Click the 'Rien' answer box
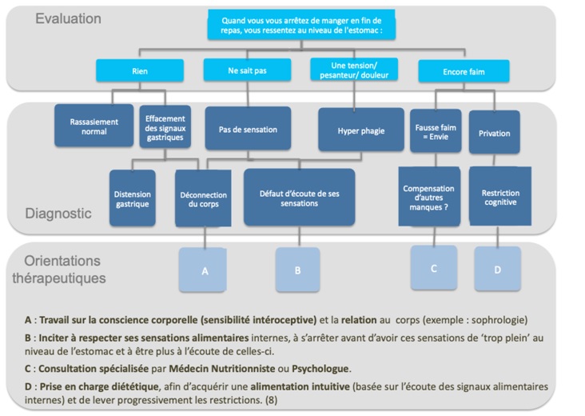pyautogui.click(x=140, y=70)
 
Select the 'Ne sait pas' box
pyautogui.click(x=247, y=70)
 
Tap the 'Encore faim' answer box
pyautogui.click(x=464, y=71)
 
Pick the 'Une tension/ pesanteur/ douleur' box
pyautogui.click(x=354, y=70)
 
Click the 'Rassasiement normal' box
pyautogui.click(x=94, y=126)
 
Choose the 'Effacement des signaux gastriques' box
pyautogui.click(x=165, y=127)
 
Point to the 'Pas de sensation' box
pyautogui.click(x=248, y=129)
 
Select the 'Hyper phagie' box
pyautogui.click(x=361, y=130)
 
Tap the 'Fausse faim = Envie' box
pyautogui.click(x=436, y=131)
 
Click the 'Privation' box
pyautogui.click(x=495, y=132)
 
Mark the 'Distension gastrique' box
pyautogui.click(x=133, y=198)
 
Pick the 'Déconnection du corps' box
pyautogui.click(x=203, y=198)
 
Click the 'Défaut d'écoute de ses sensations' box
pyautogui.click(x=299, y=197)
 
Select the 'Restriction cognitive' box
pyautogui.click(x=500, y=197)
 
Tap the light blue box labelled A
pyautogui.click(x=202, y=270)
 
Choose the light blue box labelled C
pyautogui.click(x=434, y=268)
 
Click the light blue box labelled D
pyautogui.click(x=498, y=269)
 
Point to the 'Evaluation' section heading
pyautogui.click(x=68, y=18)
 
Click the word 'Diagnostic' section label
pyautogui.click(x=58, y=214)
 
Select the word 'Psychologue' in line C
pyautogui.click(x=320, y=369)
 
